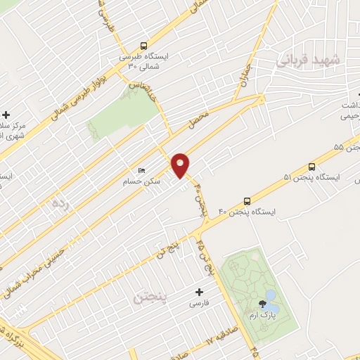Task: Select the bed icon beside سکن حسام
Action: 141,170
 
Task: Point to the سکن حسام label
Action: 150,181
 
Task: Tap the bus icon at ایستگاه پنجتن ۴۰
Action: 246,200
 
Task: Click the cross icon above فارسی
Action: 199,292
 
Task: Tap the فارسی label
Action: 199,304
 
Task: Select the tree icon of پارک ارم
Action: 262,304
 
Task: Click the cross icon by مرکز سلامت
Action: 6,115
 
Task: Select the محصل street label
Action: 200,122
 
